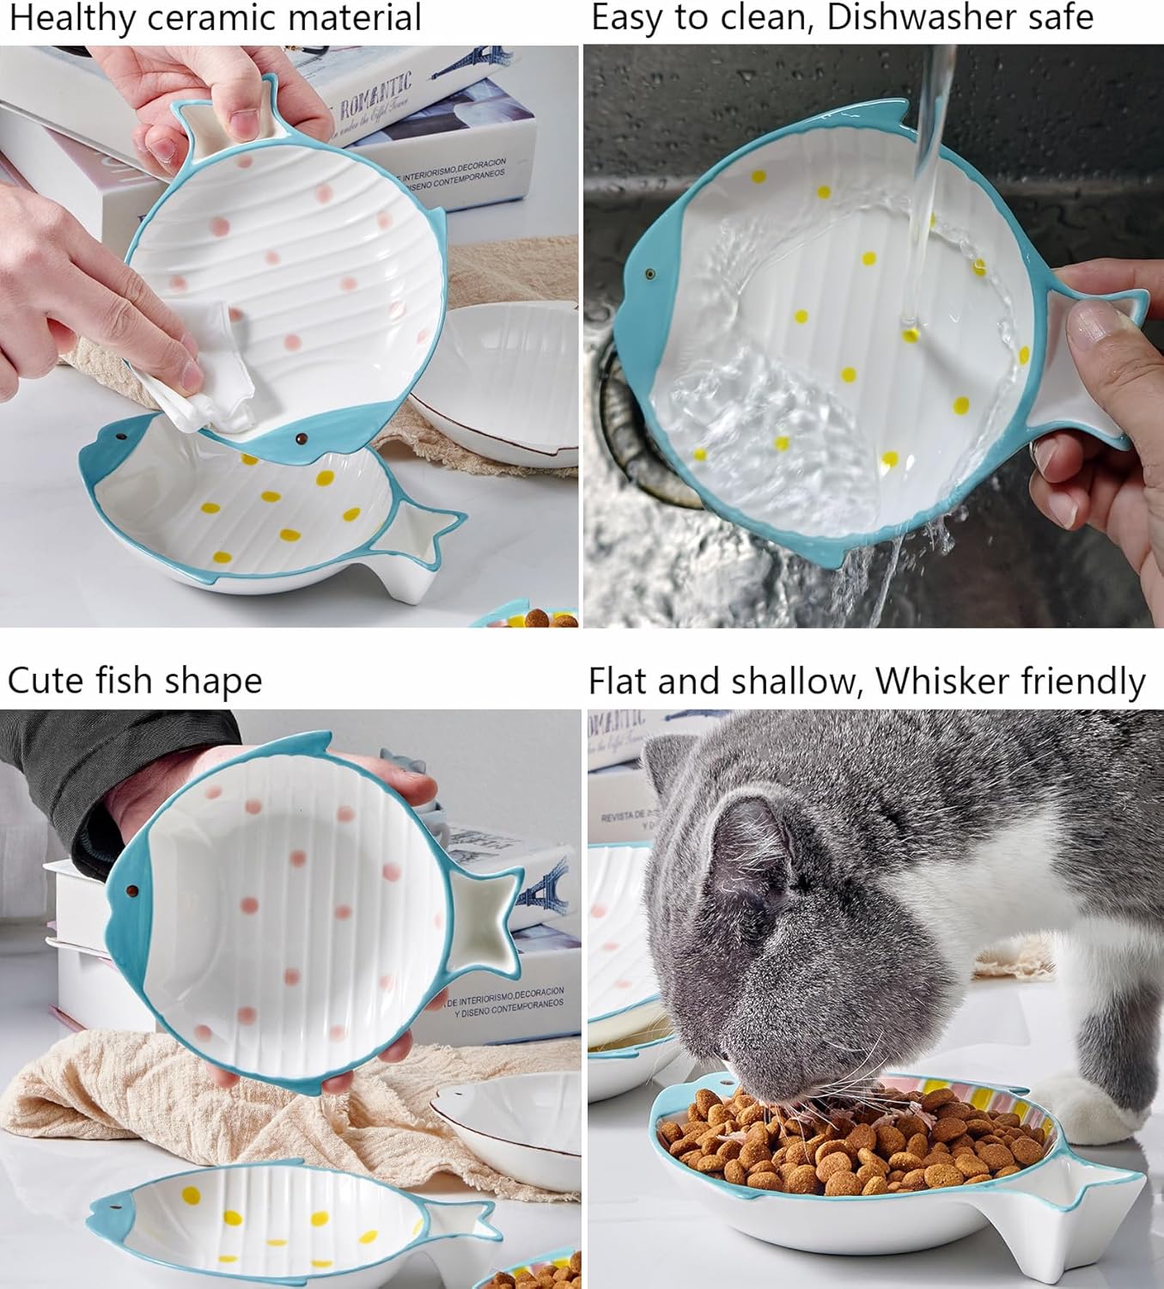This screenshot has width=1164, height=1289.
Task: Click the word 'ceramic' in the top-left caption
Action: pos(191,17)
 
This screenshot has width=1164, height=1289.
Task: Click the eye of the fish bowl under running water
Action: pos(649,274)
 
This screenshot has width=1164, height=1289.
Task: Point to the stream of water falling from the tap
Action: pos(928,129)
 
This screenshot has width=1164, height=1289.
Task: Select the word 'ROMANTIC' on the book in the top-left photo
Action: pos(375,95)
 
